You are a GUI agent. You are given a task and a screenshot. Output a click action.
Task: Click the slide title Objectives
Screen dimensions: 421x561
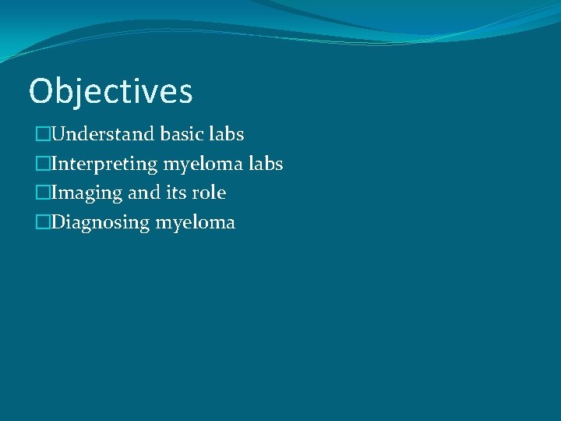point(110,91)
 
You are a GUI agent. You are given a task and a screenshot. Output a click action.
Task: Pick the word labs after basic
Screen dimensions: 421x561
point(228,134)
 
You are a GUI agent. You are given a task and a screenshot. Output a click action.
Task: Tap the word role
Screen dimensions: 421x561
point(209,193)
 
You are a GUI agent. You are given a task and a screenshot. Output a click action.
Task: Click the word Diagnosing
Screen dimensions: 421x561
point(101,223)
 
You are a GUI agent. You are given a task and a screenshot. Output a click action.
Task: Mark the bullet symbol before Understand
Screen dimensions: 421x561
point(42,135)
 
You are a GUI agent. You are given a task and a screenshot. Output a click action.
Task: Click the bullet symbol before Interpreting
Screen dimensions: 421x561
point(42,165)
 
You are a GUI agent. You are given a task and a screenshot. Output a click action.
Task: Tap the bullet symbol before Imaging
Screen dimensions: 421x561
point(42,193)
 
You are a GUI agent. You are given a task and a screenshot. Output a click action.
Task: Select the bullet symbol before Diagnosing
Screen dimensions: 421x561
point(42,223)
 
